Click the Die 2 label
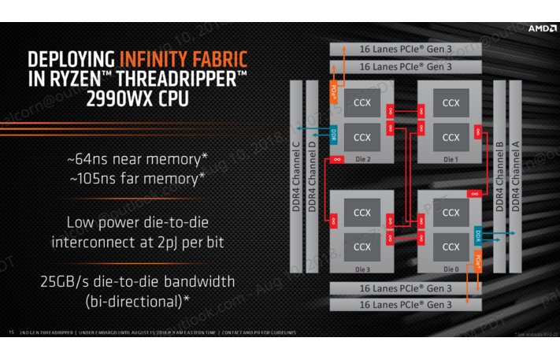(362, 158)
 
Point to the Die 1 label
(451, 158)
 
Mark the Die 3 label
(362, 267)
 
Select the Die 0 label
(451, 267)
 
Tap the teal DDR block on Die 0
(478, 236)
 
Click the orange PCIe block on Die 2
(334, 92)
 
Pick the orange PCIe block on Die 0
(478, 260)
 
